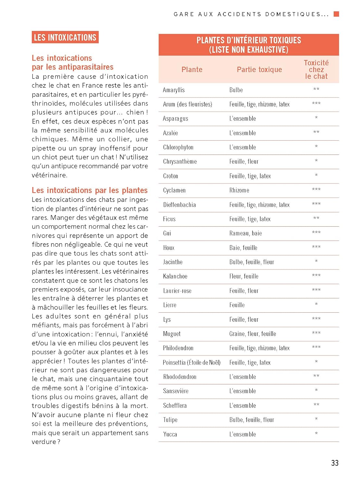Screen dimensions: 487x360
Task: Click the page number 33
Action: click(x=335, y=463)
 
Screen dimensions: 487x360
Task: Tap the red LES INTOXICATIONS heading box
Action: click(x=65, y=37)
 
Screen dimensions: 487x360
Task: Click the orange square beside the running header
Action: click(x=336, y=14)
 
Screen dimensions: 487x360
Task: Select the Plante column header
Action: click(x=192, y=69)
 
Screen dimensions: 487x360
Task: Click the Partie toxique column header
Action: click(x=259, y=69)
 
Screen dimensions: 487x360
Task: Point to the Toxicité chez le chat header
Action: click(x=316, y=69)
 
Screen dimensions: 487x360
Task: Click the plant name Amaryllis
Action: click(x=174, y=90)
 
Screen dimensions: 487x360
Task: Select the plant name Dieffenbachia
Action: click(x=179, y=205)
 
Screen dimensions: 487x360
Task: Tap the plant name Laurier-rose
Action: click(x=177, y=291)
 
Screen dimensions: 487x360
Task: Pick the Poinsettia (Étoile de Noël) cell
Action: click(x=192, y=363)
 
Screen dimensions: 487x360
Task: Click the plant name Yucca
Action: click(x=170, y=434)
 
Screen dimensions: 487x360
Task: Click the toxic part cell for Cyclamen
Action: click(x=239, y=190)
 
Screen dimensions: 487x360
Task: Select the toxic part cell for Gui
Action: click(x=245, y=233)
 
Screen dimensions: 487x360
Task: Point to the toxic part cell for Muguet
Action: click(x=252, y=334)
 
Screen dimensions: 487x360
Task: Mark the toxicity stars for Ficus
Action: click(x=316, y=219)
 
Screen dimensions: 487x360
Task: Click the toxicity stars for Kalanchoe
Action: click(x=316, y=276)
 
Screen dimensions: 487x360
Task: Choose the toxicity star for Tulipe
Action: click(x=316, y=419)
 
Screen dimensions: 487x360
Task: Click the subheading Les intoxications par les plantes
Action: click(x=90, y=190)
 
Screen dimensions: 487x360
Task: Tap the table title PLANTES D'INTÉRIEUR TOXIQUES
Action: click(x=249, y=40)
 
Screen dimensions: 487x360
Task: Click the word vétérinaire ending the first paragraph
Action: click(x=49, y=175)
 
